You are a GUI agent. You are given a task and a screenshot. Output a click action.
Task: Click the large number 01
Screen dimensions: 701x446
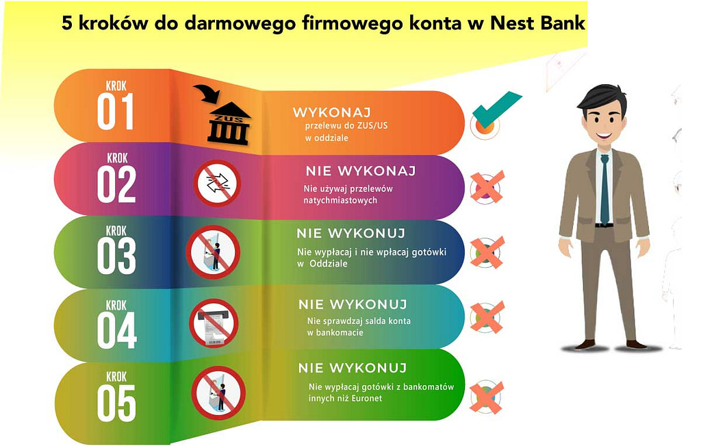(x=115, y=112)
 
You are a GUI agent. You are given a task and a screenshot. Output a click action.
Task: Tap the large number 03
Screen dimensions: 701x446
(x=116, y=256)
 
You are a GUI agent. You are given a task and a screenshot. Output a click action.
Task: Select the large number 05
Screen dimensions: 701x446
(x=116, y=404)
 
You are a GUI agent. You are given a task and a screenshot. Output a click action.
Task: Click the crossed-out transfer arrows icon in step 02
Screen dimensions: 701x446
(x=217, y=183)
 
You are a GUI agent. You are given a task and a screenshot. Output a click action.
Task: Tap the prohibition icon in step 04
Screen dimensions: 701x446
(x=214, y=323)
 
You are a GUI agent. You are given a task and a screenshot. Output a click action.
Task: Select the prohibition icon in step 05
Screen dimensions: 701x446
(x=218, y=393)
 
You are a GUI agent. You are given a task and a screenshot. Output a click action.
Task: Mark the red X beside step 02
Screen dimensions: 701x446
(x=487, y=187)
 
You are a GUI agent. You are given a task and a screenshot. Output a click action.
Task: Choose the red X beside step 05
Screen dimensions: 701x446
(x=487, y=397)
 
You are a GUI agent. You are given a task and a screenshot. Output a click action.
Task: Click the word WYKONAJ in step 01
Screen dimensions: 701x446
(x=332, y=112)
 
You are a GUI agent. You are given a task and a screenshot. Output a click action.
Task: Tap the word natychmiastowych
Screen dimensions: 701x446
(x=340, y=201)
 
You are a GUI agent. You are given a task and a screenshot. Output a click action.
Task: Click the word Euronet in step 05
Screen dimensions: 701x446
(x=367, y=398)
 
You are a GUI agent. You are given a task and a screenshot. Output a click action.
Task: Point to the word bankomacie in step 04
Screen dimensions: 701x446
(x=335, y=332)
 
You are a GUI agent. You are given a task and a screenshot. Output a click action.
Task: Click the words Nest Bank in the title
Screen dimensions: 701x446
(x=538, y=23)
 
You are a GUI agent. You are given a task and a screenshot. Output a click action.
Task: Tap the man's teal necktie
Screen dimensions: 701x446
(x=604, y=190)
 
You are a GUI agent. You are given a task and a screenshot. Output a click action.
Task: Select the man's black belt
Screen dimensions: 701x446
(x=604, y=225)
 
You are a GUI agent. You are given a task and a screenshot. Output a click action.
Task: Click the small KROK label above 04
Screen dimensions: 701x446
(x=116, y=306)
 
